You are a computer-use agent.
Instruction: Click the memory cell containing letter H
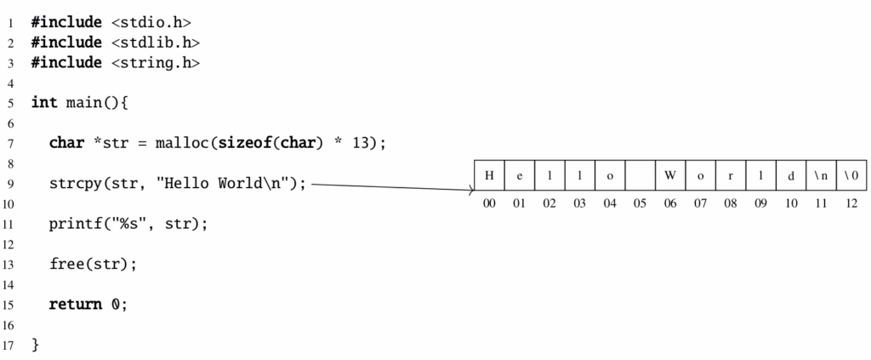[489, 175]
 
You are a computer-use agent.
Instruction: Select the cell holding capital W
[670, 175]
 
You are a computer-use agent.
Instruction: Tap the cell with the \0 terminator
[851, 175]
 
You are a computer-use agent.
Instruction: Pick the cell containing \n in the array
[821, 175]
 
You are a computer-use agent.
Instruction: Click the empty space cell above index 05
[640, 175]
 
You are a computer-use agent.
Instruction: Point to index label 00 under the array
[489, 203]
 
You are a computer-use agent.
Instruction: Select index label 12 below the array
[851, 203]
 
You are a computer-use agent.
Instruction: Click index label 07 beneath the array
[701, 203]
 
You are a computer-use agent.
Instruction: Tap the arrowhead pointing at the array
[471, 191]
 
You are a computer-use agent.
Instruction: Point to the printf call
[128, 224]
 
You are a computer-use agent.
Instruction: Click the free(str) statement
[93, 264]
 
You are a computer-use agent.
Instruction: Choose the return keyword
[76, 305]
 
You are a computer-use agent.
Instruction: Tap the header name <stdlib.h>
[156, 43]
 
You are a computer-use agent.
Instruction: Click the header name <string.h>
[156, 63]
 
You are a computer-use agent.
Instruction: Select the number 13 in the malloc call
[361, 143]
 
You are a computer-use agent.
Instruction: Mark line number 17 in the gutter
[8, 345]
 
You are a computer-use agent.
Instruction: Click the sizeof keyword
[242, 143]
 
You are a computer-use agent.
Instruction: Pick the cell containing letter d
[791, 175]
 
